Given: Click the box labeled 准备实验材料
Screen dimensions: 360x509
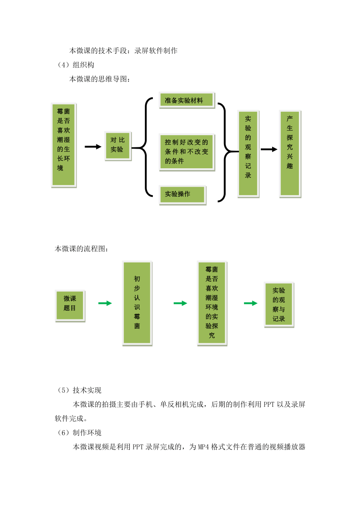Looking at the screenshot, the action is [187, 100].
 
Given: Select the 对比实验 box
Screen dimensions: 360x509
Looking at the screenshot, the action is [118, 146].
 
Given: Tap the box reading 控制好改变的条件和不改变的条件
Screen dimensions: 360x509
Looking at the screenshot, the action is [187, 152].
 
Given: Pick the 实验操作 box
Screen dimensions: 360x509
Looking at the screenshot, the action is [183, 195].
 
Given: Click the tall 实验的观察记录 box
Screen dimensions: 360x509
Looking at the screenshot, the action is [248, 154].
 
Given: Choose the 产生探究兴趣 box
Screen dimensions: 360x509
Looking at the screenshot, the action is [290, 154].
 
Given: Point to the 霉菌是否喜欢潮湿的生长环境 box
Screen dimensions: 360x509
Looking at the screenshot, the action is [64, 145].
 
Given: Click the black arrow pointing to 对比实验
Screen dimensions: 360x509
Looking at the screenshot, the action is [93, 147].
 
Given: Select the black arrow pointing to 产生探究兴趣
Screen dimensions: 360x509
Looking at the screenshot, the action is [269, 149].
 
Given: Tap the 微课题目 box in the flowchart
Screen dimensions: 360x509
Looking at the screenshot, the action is [70, 306].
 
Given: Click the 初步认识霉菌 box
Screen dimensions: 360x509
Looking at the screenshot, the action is [137, 303].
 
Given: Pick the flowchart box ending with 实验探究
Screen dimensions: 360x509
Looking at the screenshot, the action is [212, 303].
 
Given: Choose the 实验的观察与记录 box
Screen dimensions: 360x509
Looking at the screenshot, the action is [279, 304].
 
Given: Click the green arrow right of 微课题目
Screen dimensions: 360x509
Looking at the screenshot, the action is [105, 303].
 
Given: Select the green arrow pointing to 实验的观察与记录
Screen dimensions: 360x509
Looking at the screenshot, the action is [251, 303].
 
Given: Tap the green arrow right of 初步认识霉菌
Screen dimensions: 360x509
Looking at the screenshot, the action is [180, 303].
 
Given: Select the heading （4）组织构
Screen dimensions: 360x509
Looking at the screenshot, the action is [75, 65].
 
